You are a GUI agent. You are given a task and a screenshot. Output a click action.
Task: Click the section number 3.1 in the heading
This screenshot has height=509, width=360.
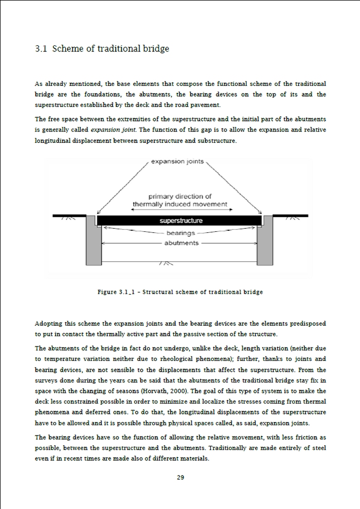point(41,49)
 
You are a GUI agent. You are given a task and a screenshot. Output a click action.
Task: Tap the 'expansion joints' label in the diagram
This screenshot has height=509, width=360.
point(177,161)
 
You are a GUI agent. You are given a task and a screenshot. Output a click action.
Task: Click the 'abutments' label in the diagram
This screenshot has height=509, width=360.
point(181,243)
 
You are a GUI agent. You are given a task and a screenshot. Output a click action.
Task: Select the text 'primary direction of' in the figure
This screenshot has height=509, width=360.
point(180,196)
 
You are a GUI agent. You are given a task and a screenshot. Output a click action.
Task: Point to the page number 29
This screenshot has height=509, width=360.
point(181,478)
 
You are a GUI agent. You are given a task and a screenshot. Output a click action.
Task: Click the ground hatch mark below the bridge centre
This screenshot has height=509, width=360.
point(166,264)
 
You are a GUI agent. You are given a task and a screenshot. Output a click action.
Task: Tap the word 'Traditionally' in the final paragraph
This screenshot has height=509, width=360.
point(263,448)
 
